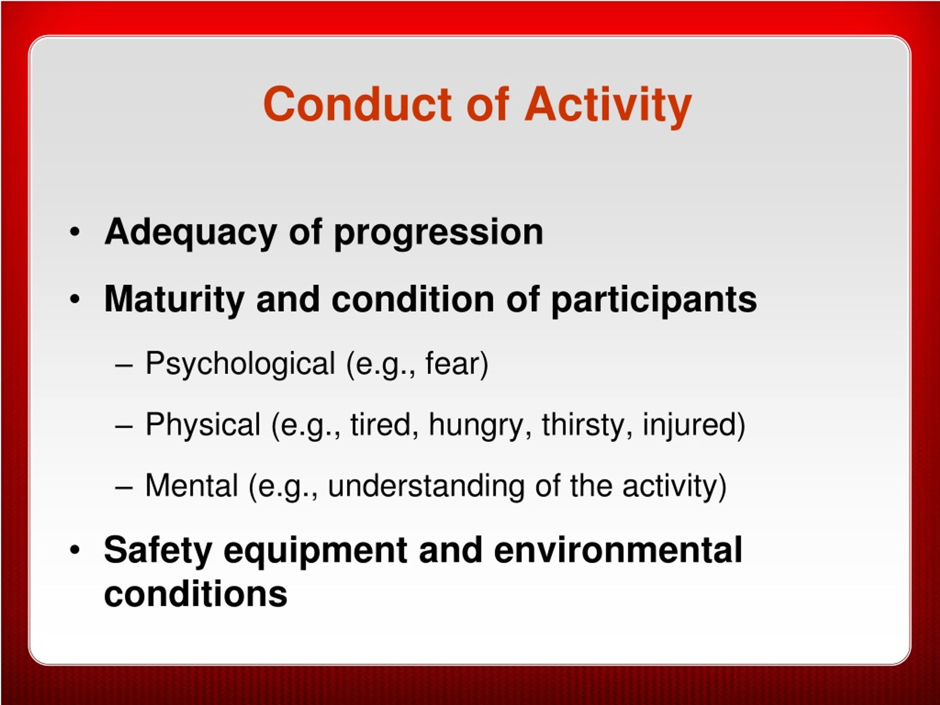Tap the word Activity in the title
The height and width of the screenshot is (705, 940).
(608, 106)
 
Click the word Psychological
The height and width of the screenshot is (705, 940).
(241, 364)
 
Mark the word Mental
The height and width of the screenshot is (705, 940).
(192, 486)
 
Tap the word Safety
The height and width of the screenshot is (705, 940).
(158, 551)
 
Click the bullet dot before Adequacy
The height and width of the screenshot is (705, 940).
(75, 232)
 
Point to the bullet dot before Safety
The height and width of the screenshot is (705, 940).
(75, 550)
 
